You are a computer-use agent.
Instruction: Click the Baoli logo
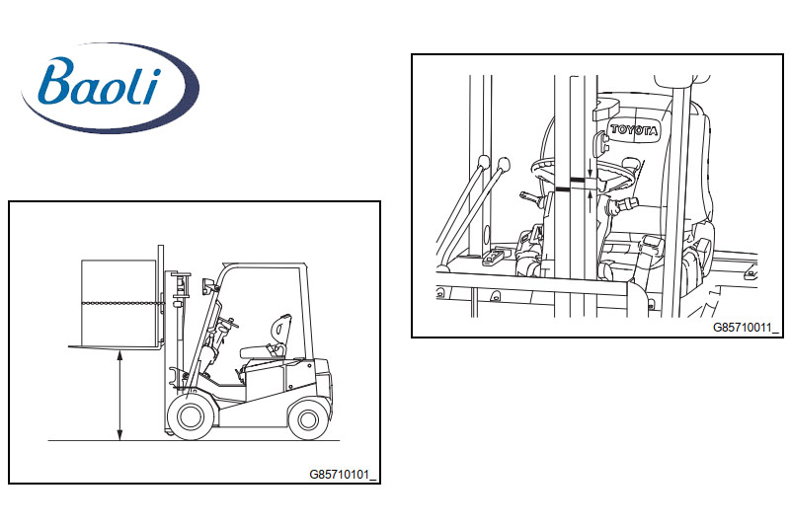(110, 88)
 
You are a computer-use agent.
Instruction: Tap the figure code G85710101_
(343, 474)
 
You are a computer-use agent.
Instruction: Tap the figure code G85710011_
(746, 328)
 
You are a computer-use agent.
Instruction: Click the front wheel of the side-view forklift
(190, 416)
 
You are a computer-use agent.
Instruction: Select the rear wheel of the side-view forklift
(308, 418)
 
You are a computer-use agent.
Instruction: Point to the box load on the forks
(118, 303)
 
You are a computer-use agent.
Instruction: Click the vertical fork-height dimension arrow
(119, 396)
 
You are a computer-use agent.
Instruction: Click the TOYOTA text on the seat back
(634, 129)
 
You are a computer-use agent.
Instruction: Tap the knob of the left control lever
(484, 162)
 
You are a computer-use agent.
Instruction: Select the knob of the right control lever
(504, 164)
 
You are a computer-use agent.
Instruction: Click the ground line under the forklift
(194, 441)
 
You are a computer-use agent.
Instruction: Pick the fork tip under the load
(70, 346)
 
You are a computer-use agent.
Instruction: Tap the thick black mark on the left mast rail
(562, 189)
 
